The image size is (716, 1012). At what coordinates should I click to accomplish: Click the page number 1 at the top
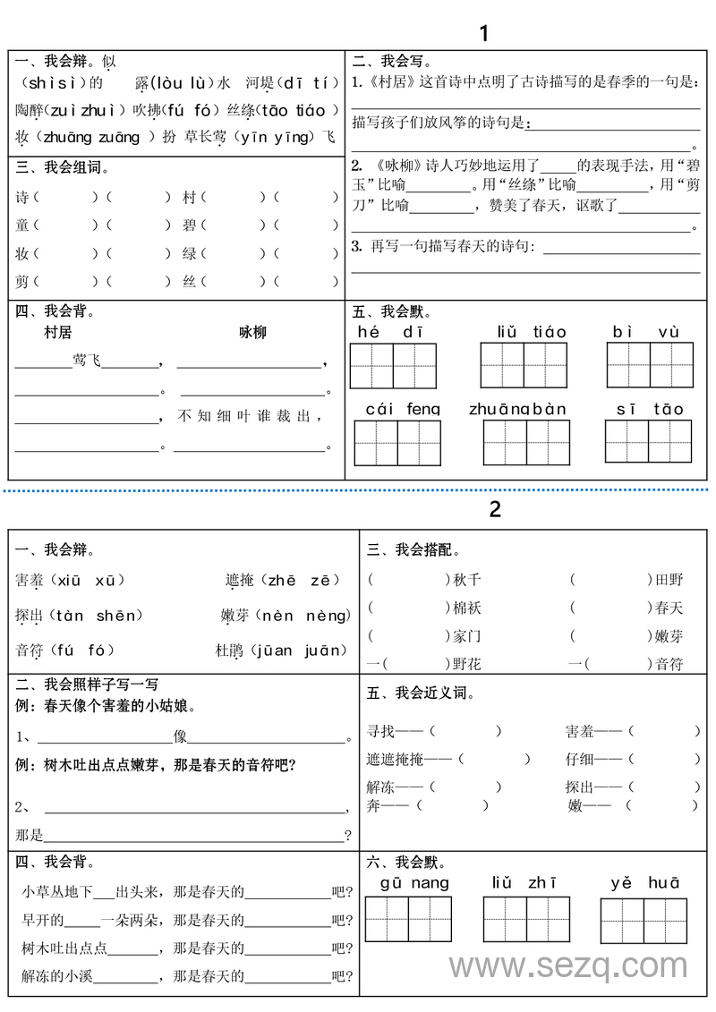click(484, 34)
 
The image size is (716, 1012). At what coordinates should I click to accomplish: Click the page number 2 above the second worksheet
click(495, 509)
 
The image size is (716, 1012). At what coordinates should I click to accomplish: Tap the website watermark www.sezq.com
click(568, 966)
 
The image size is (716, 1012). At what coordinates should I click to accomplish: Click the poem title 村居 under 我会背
click(57, 332)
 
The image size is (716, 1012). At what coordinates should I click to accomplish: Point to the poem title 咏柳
click(252, 332)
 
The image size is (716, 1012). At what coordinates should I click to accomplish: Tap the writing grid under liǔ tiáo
click(524, 365)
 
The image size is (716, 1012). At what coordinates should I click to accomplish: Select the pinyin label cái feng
click(403, 409)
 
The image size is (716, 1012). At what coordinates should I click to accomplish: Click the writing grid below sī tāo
click(649, 441)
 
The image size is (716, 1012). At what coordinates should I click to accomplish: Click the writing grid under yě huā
click(644, 921)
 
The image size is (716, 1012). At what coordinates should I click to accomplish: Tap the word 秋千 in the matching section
click(467, 580)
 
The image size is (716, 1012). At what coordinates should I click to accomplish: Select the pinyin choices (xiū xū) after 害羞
click(90, 580)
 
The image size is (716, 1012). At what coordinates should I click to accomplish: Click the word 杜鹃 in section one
click(229, 651)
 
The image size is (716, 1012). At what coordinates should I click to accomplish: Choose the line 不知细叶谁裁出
click(250, 415)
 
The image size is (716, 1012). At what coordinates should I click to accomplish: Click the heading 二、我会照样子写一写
click(87, 685)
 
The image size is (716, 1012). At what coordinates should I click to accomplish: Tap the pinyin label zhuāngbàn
click(517, 409)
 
